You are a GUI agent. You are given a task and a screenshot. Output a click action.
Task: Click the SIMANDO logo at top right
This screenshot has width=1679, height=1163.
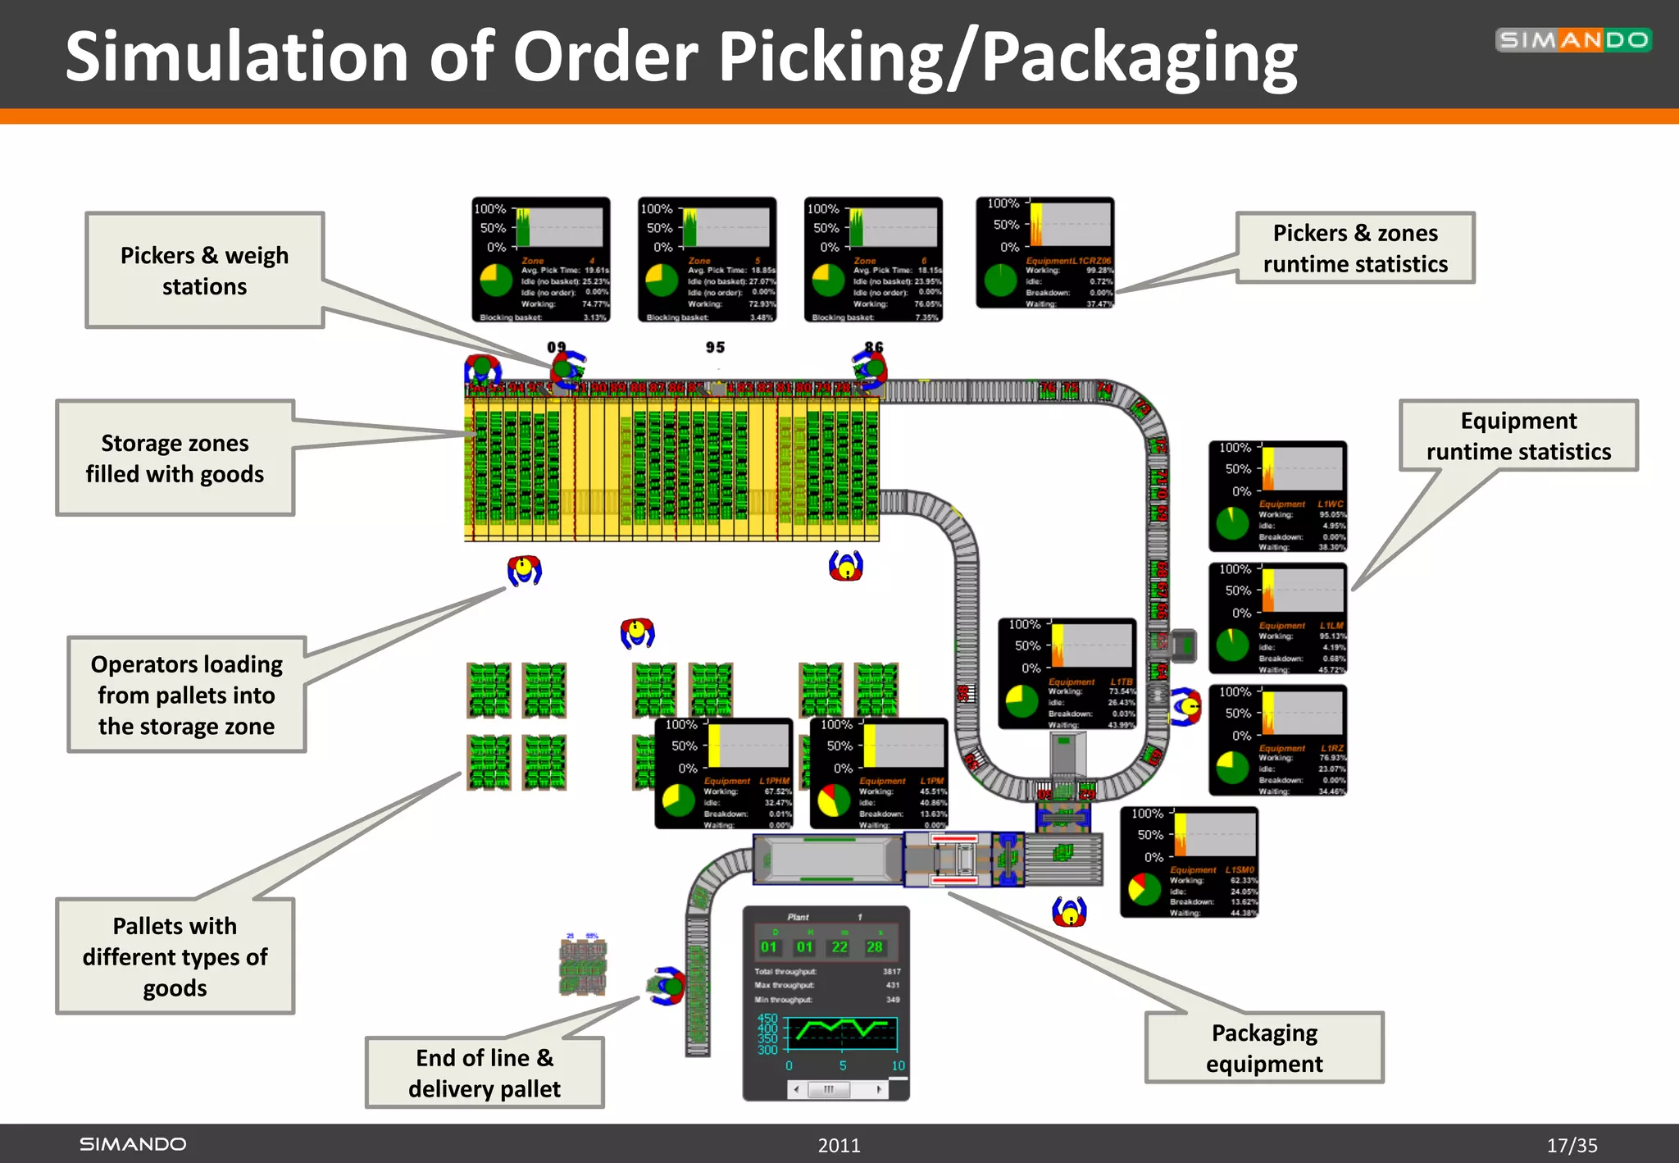point(1572,40)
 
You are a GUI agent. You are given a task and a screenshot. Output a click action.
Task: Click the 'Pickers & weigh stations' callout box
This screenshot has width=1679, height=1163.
point(204,271)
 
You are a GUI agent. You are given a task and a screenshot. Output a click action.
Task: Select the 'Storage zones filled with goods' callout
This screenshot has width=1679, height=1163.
point(175,458)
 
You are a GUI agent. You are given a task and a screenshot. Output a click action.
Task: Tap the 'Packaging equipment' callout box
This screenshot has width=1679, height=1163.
point(1263,1047)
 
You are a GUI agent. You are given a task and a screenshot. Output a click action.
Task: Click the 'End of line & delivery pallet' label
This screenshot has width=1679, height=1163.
point(485,1072)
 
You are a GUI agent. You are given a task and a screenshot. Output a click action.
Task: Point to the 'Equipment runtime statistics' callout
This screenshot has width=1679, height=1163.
point(1517,436)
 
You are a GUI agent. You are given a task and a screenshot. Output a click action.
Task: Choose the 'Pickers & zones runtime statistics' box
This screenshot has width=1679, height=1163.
point(1354,248)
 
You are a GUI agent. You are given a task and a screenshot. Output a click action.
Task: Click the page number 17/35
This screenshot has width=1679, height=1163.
point(1572,1145)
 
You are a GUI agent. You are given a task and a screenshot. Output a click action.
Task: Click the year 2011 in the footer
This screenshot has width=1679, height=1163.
point(839,1145)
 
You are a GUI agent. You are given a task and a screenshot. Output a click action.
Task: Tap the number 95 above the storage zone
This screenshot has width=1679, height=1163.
point(715,348)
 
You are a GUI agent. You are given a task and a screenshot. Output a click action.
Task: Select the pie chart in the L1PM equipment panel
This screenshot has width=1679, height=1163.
point(834,800)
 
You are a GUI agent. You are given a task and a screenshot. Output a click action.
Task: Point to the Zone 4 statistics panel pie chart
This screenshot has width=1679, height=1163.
point(495,280)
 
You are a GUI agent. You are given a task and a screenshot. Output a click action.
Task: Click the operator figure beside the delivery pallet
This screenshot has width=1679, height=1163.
point(667,986)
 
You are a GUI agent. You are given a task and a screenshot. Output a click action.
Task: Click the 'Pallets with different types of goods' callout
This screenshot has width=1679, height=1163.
point(175,956)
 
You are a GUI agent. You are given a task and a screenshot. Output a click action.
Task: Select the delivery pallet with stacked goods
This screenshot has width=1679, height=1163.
point(583,966)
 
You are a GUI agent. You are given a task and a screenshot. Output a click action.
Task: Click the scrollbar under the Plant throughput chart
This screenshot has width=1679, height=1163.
point(837,1089)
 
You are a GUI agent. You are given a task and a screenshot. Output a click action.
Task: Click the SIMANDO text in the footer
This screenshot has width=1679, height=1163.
point(133,1144)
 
